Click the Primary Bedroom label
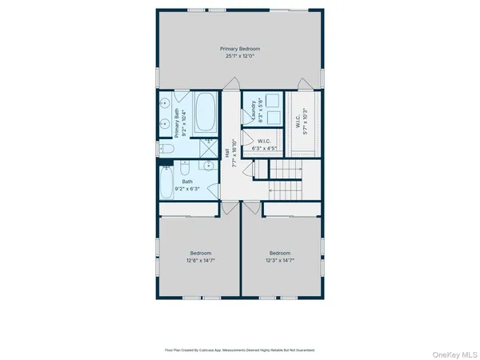point(240,49)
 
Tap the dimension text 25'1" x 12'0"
point(240,56)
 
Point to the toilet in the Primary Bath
point(166,149)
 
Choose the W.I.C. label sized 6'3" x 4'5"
point(264,145)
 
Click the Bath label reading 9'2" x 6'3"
point(187,185)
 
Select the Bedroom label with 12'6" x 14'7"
point(200,257)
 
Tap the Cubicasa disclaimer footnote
point(240,350)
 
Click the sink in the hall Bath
point(208,167)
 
